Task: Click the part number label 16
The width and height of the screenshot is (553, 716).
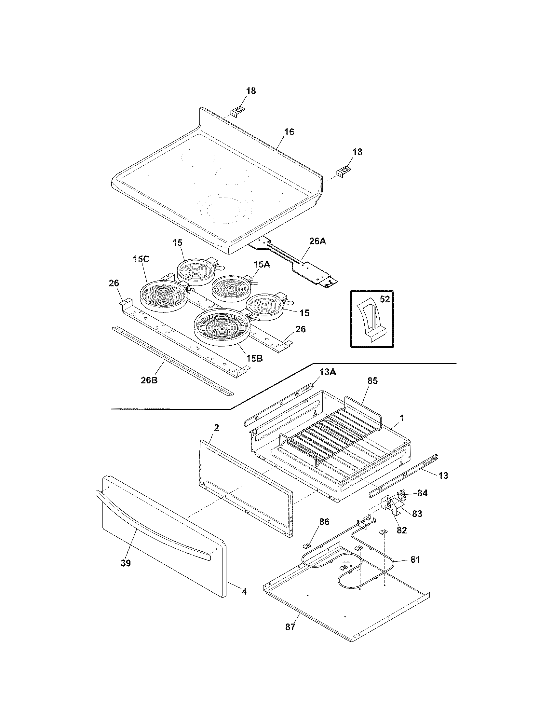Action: tap(289, 132)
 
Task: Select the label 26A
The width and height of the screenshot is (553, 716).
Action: tap(317, 241)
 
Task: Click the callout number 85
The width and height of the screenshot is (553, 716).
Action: tap(372, 381)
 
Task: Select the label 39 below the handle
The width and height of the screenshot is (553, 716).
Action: tap(126, 563)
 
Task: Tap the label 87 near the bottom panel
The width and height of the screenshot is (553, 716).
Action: tap(290, 627)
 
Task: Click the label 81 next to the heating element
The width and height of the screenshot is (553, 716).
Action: tap(415, 560)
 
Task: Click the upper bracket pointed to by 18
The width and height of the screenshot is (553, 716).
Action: tap(237, 111)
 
